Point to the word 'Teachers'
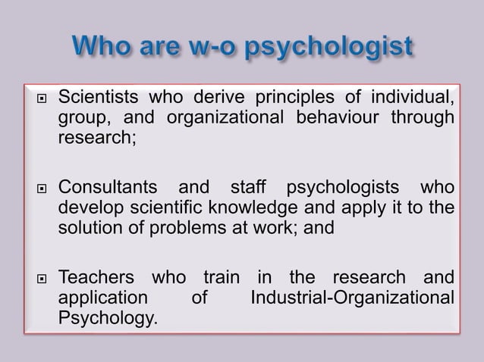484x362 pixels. pyautogui.click(x=99, y=276)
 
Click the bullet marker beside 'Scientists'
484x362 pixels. pyautogui.click(x=33, y=98)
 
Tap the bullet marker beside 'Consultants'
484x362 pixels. pyautogui.click(x=33, y=187)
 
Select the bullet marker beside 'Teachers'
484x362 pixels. pyautogui.click(x=33, y=276)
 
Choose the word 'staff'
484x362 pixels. pyautogui.click(x=244, y=186)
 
